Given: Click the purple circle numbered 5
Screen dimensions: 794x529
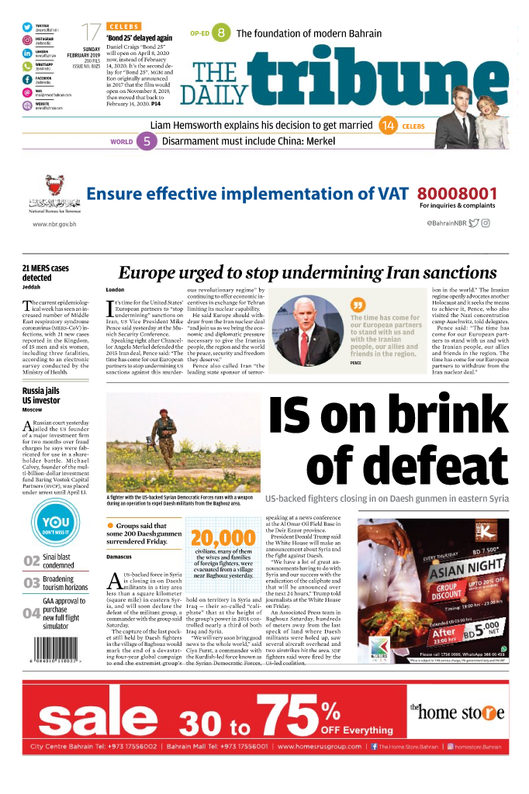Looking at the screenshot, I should tap(147, 142).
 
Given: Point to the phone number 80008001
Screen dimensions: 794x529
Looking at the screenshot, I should tap(457, 194).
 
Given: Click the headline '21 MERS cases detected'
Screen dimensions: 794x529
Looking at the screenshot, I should tap(46, 273).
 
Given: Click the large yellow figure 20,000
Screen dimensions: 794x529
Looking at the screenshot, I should tap(223, 537).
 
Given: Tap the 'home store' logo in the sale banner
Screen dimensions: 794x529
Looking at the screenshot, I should tap(457, 712).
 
